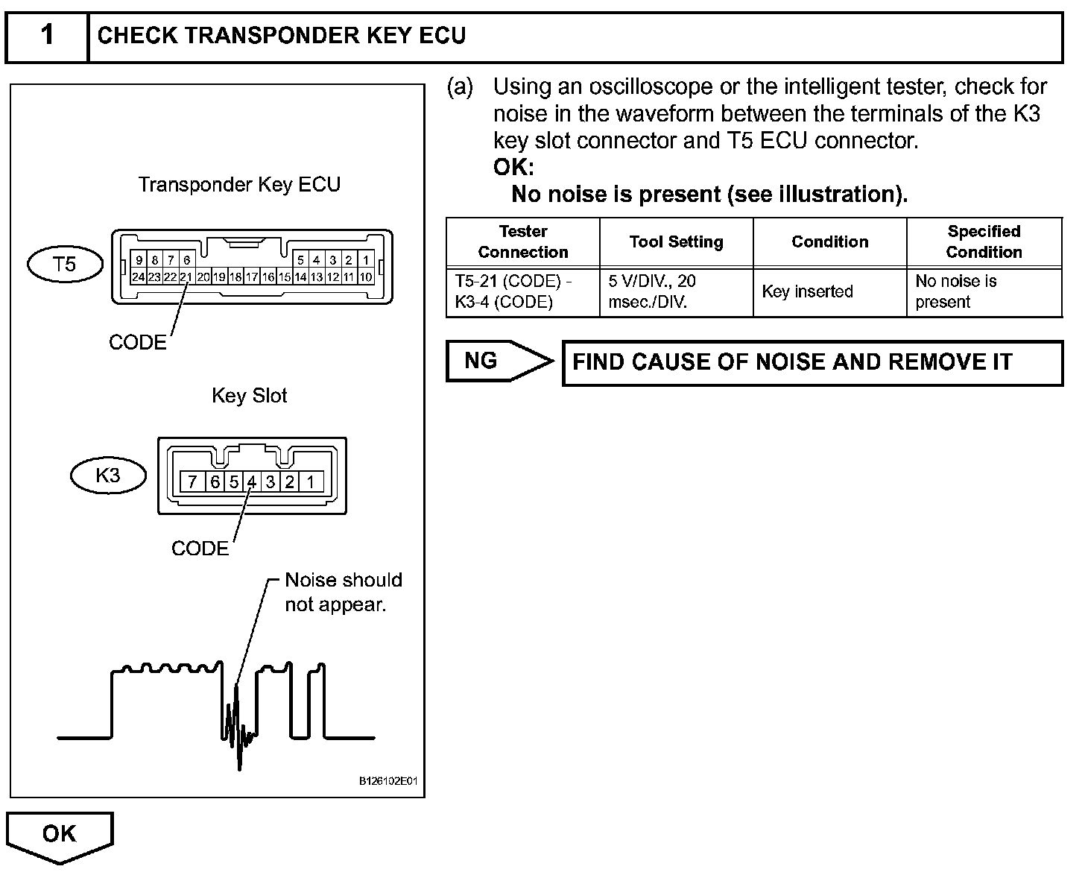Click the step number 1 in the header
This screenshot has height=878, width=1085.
point(47,35)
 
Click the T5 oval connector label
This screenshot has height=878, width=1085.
point(65,264)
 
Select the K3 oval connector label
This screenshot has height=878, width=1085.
point(108,476)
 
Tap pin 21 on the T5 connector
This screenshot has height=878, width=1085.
point(186,277)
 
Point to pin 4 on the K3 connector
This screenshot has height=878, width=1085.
point(252,481)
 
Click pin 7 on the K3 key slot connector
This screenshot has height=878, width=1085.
point(192,481)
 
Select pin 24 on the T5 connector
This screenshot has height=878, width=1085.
point(138,277)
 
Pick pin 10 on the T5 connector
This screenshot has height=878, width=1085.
point(366,277)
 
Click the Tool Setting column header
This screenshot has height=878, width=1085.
point(676,241)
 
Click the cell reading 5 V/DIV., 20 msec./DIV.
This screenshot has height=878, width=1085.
point(653,291)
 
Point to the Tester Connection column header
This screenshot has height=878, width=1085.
point(523,241)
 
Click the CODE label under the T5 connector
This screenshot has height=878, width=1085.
point(138,342)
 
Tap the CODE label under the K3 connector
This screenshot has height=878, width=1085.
point(200,549)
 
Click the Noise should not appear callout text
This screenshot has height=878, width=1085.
point(344,592)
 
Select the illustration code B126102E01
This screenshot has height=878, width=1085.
point(388,781)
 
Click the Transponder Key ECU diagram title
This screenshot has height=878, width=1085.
point(239,185)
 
